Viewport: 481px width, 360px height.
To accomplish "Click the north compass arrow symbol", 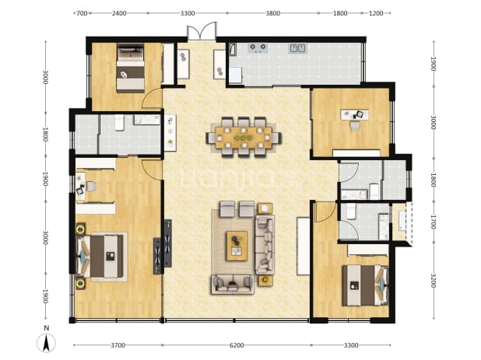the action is (47, 343).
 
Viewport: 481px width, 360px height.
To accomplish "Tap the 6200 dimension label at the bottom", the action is (237, 345).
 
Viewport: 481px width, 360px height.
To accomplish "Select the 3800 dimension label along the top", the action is (272, 13).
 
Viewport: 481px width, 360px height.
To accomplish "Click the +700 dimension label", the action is (80, 13).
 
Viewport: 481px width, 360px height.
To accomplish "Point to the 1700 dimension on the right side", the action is (434, 222).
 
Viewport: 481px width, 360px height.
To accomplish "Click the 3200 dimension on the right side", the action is (434, 281).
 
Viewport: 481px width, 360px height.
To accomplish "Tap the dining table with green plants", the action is (244, 138).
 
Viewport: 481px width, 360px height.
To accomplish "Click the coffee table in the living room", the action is (237, 246).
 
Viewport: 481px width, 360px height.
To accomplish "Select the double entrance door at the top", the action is (202, 31).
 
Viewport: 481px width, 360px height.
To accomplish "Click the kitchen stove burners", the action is (258, 47).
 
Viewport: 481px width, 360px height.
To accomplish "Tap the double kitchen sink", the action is (297, 48).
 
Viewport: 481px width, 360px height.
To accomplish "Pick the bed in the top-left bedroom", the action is (131, 68).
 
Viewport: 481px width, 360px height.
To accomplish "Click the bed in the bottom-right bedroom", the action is (365, 285).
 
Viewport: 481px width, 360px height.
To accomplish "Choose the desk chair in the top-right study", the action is (355, 125).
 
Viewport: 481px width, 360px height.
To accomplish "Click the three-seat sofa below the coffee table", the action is (233, 285).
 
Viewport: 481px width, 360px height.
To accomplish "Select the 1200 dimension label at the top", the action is (376, 13).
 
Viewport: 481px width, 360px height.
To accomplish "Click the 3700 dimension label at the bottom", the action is (118, 345).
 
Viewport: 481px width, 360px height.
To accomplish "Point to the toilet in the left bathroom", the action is (119, 123).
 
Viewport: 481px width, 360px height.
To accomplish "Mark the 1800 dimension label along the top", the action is (340, 13).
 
